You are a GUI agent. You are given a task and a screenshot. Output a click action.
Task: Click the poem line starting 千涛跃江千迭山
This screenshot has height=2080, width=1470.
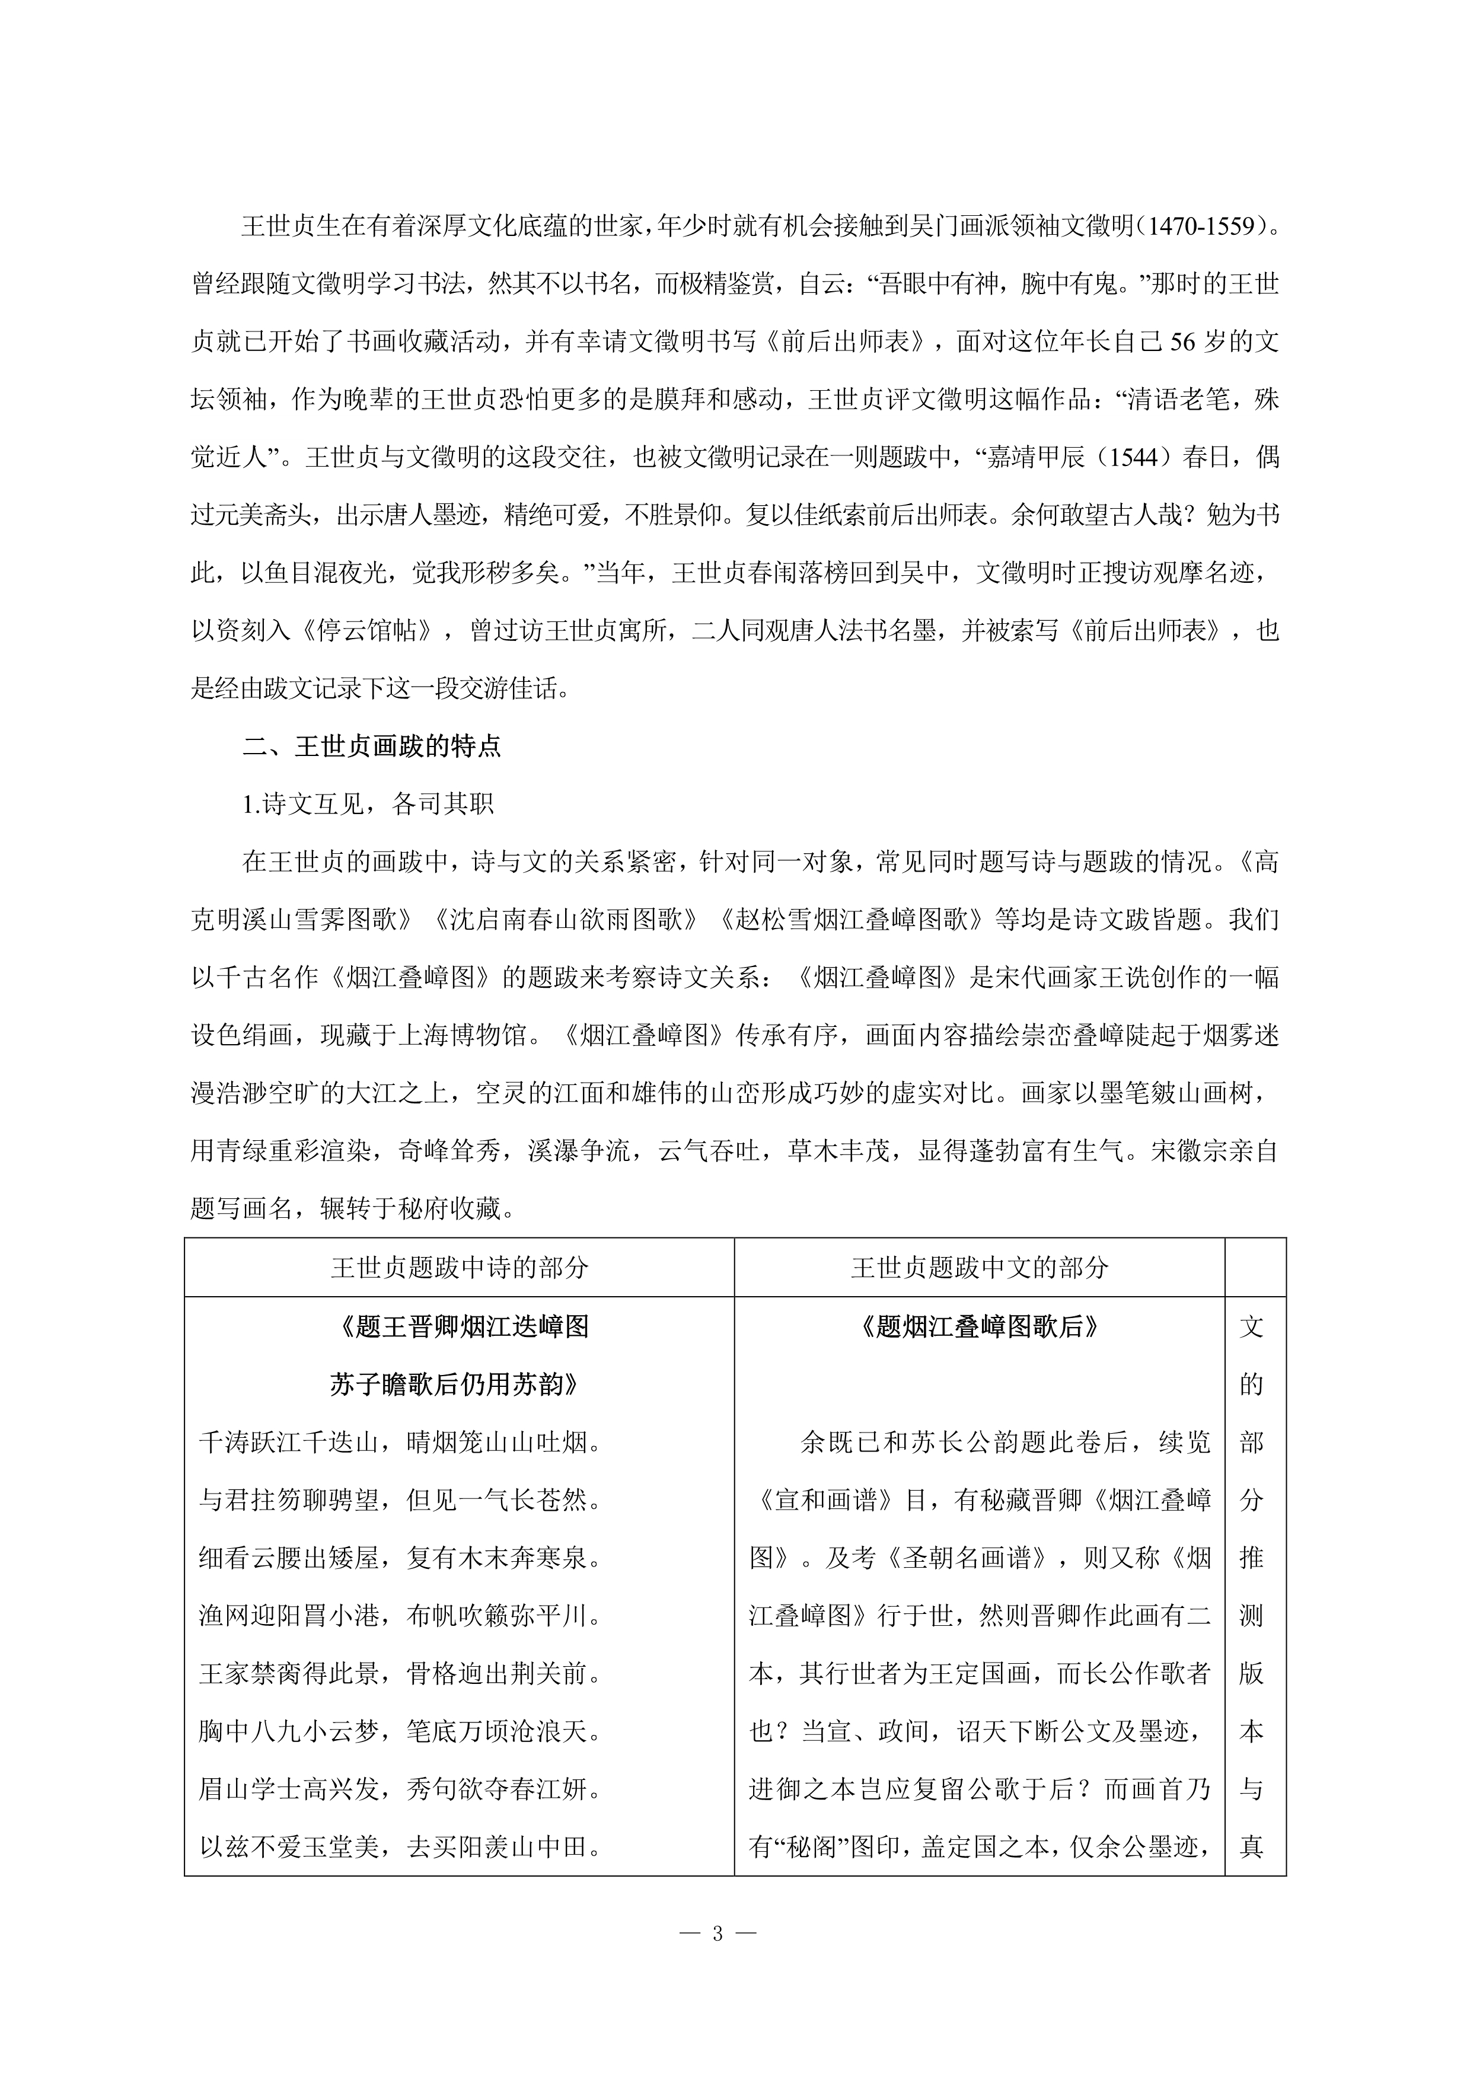pos(400,1442)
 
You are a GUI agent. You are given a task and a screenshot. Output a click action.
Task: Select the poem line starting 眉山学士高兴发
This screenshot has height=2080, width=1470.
pos(400,1789)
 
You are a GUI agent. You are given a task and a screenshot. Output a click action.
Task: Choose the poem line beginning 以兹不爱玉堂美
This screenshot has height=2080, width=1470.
pos(400,1846)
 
